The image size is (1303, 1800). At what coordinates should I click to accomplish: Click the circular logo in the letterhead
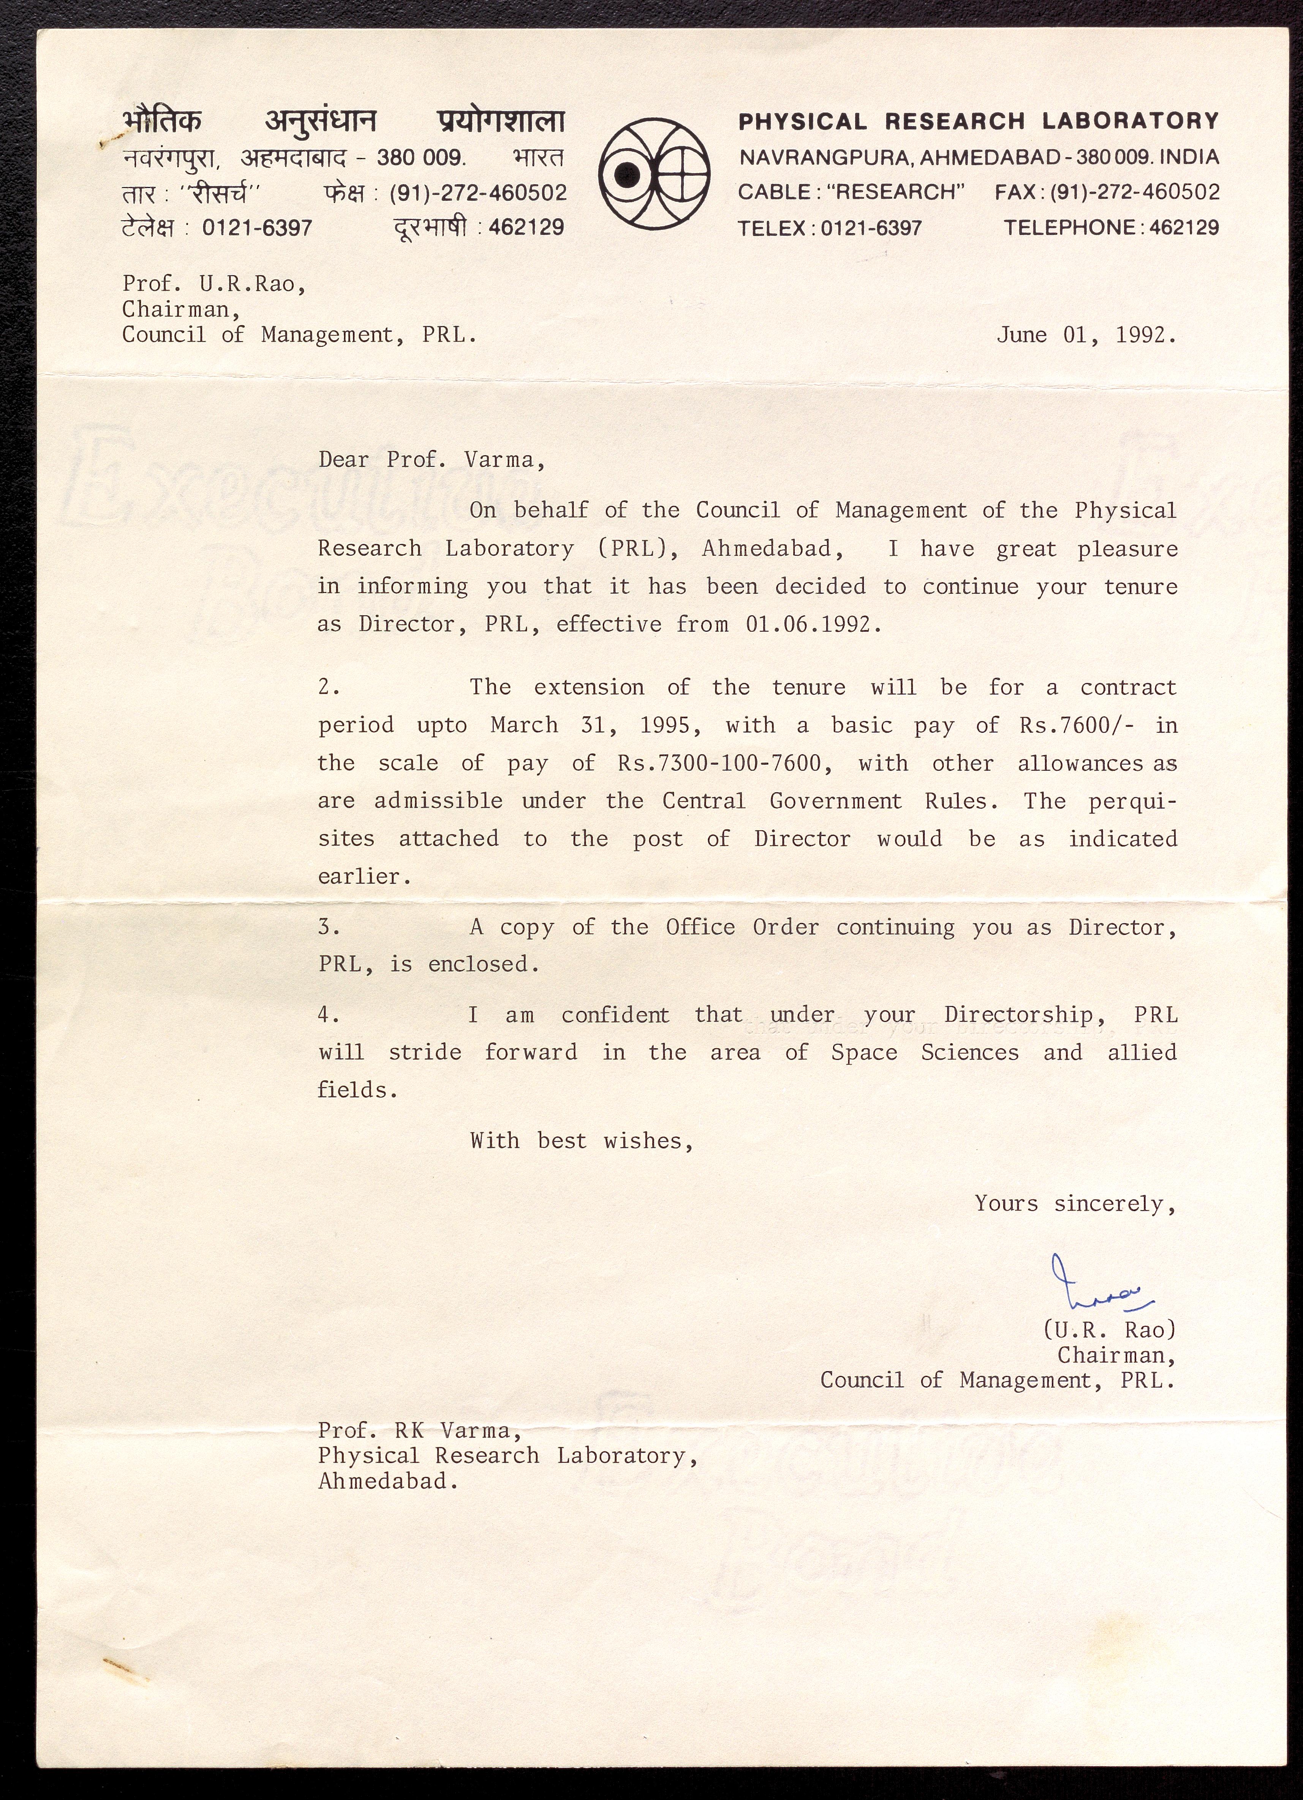(x=655, y=174)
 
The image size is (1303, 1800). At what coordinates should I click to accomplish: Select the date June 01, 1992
(x=1086, y=335)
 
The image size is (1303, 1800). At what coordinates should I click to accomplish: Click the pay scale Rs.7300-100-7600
(x=719, y=763)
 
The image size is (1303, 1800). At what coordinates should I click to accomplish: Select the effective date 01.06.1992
(x=813, y=624)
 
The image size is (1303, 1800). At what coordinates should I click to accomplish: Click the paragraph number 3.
(x=329, y=927)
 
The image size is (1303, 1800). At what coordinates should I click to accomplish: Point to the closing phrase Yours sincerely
(x=1074, y=1204)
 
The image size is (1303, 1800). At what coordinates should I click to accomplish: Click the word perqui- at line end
(x=1132, y=801)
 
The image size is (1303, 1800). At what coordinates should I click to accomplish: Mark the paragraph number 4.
(x=329, y=1015)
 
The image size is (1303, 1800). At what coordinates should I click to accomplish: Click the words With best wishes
(x=581, y=1141)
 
